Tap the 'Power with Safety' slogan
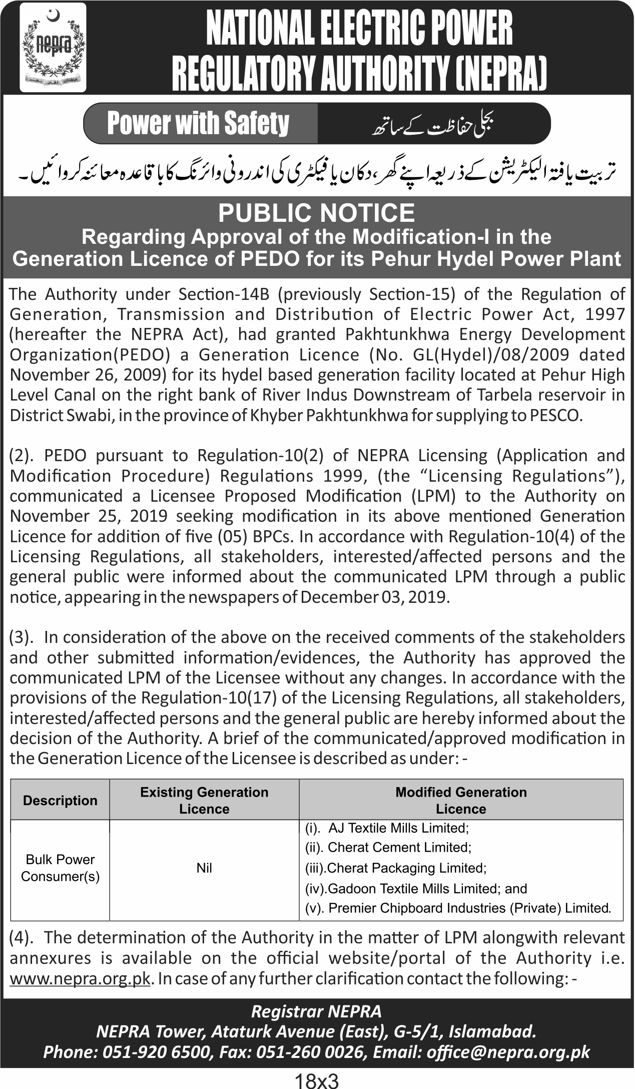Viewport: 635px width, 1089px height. (198, 124)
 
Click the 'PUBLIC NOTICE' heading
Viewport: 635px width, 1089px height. (317, 213)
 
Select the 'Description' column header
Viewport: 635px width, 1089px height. (60, 800)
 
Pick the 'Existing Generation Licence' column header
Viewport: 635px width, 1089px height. (204, 800)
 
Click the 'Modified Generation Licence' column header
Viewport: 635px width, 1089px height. (461, 800)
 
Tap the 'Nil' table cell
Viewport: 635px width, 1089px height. (204, 868)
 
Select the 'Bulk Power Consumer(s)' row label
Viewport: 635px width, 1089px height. (60, 868)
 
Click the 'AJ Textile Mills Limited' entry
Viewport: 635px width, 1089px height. (398, 828)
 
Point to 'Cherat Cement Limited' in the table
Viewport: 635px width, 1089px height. (399, 847)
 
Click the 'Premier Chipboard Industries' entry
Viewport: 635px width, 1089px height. (469, 908)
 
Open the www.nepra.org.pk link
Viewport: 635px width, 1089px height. (80, 978)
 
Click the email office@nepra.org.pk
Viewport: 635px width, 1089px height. (508, 1052)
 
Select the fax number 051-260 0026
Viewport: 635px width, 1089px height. (309, 1052)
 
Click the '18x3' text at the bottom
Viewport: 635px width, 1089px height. (317, 1079)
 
